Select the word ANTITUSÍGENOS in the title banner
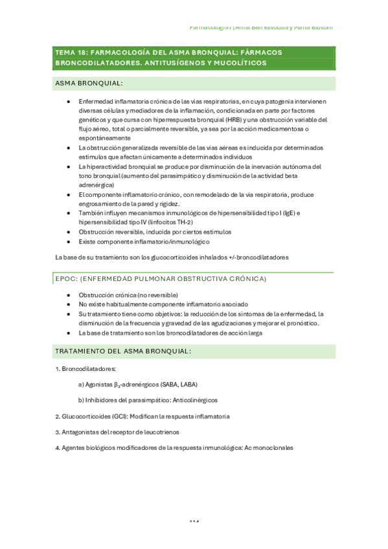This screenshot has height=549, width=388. tap(174, 63)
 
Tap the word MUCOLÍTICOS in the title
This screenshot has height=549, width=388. tap(241, 63)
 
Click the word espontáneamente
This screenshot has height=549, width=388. tap(104, 138)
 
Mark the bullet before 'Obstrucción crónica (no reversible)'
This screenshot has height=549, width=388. tap(69, 295)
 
